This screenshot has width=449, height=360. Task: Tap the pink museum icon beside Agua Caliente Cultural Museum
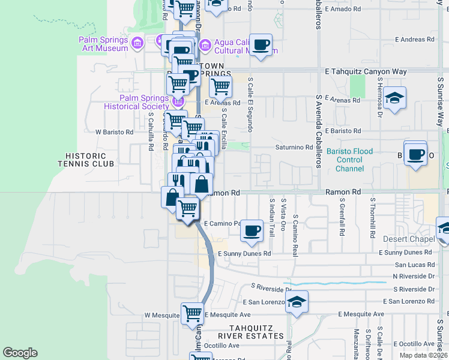coord(205,44)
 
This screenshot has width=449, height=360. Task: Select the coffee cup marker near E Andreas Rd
coord(261,45)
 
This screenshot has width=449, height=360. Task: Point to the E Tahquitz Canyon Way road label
coord(366,71)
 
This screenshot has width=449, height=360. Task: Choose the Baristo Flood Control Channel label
coord(351,160)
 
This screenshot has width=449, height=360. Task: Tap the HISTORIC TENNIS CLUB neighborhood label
coord(86,159)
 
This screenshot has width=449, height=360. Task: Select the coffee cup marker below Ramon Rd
coord(252,230)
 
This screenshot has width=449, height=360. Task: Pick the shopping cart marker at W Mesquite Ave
coord(192,313)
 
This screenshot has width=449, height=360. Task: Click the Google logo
coord(20,353)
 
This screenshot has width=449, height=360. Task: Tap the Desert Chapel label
coord(409,239)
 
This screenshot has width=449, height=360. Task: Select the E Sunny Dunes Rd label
coord(244,254)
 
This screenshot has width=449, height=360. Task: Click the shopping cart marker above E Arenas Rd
coord(220,86)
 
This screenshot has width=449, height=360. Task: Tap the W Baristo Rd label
coord(114,131)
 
